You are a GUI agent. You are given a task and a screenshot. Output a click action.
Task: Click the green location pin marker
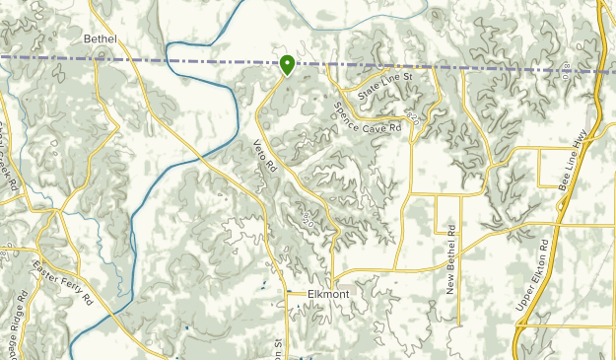click(287, 65)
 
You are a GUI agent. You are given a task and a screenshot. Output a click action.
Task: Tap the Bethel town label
click(101, 38)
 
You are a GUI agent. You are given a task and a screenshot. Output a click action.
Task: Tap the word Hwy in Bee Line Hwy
click(594, 132)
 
